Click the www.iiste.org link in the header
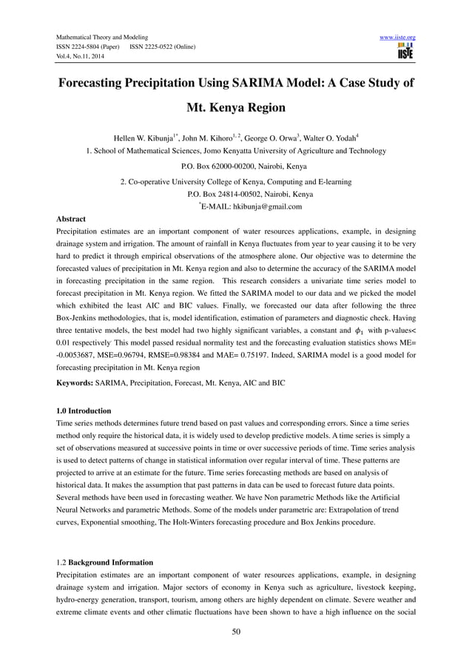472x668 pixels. pos(397,37)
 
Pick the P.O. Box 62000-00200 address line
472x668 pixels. pos(235,166)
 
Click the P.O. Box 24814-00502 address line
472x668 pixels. pos(235,194)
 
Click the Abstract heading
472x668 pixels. pos(71,219)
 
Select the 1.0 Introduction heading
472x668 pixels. pos(84,410)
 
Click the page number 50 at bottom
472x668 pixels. pos(235,630)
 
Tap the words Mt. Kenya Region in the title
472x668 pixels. pos(235,108)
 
